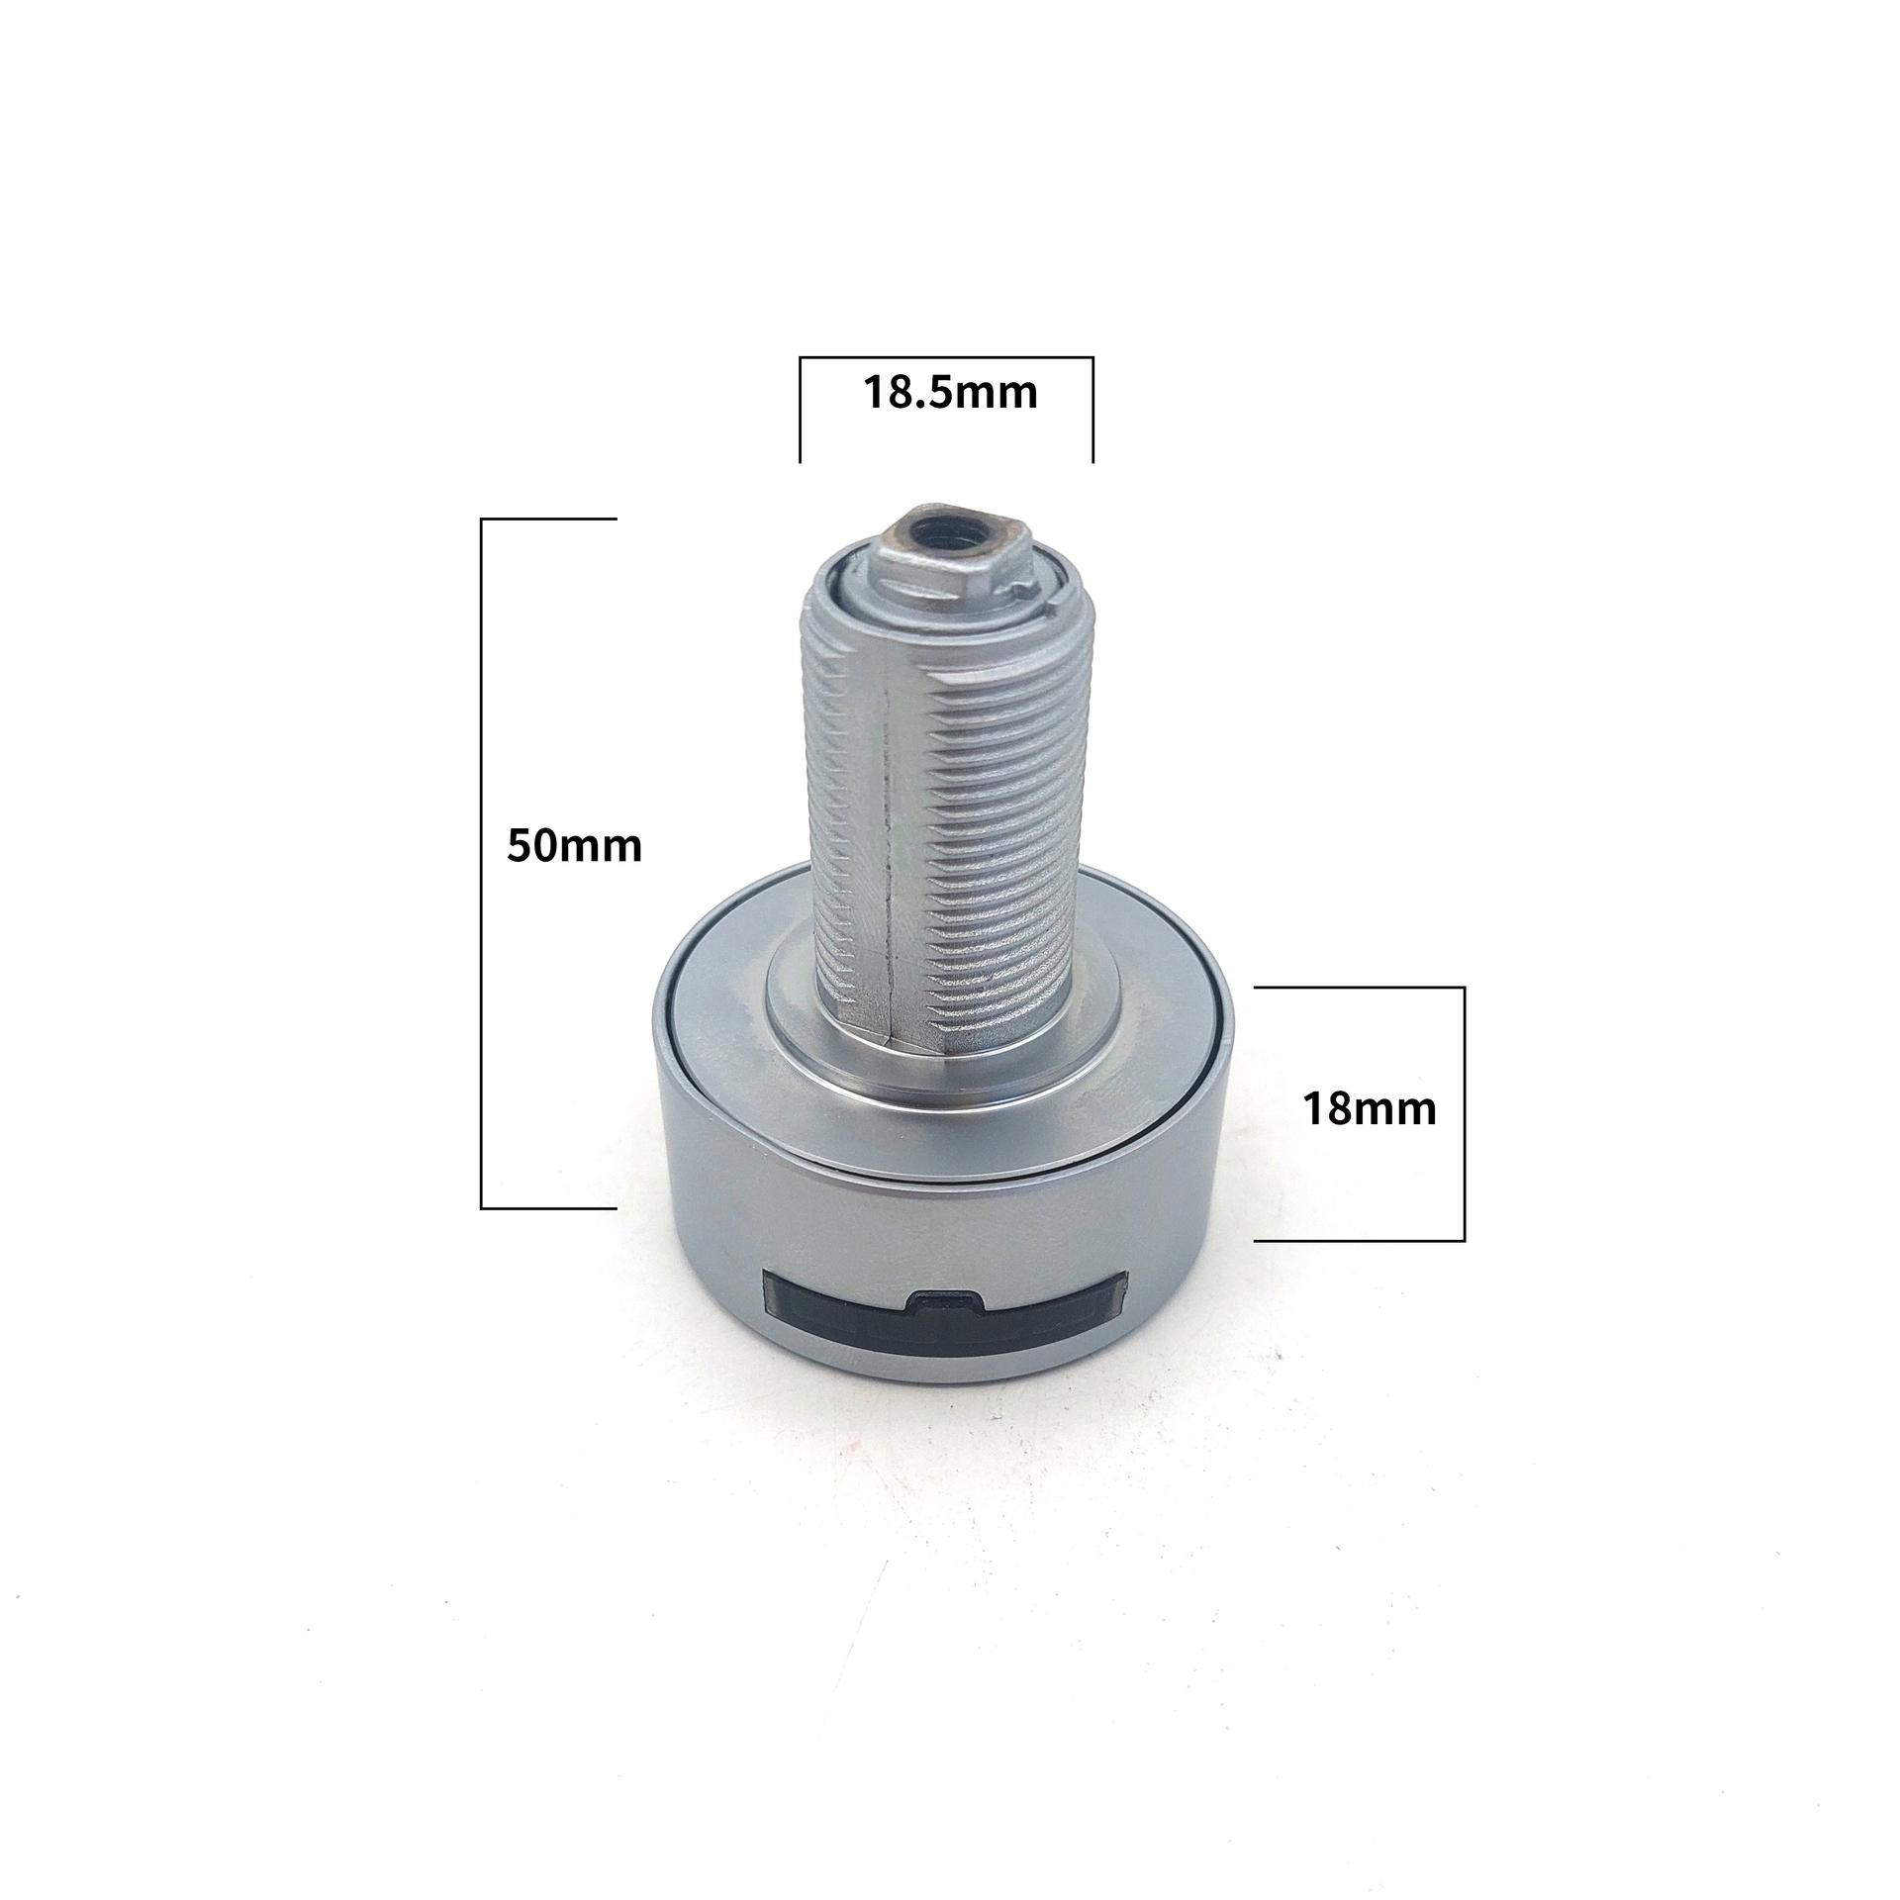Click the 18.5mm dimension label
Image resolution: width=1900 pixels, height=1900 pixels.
coord(951,393)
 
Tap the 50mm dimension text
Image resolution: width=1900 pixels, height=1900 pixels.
coord(575,846)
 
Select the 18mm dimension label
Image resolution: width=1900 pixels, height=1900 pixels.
coord(1370,1109)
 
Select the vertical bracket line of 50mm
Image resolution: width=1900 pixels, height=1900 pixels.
coord(481,863)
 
